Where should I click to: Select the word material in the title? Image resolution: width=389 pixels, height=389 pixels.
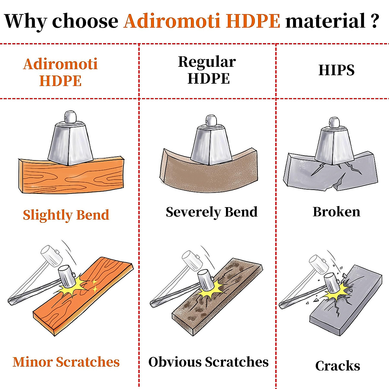pos(325,20)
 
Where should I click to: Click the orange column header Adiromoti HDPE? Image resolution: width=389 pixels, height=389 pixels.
pos(60,72)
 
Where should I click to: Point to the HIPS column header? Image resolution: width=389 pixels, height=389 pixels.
pos(336,70)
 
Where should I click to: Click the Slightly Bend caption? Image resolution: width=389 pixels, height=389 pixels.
pos(66,215)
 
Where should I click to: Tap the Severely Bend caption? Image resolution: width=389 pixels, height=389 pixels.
pos(212,212)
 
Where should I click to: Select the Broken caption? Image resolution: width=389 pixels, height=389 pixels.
pos(336,212)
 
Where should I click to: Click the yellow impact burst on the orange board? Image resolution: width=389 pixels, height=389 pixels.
pos(72,287)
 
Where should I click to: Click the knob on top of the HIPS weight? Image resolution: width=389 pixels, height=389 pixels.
pos(334,122)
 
